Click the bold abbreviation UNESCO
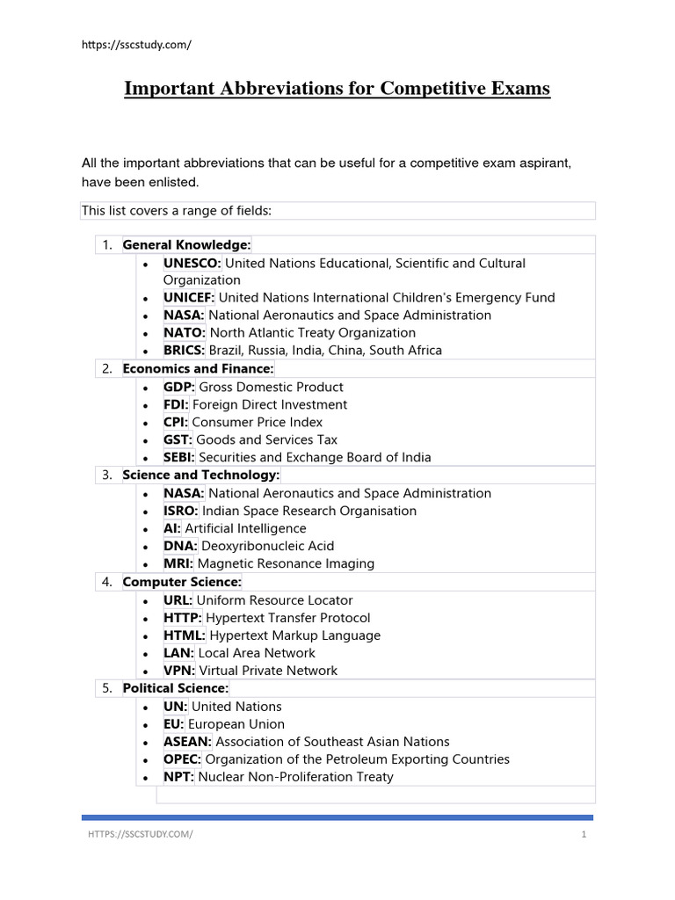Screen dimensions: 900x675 192,263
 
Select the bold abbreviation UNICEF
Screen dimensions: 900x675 188,298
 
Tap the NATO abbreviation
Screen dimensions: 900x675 184,333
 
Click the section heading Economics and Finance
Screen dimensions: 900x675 198,368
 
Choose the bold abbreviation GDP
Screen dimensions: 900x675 179,388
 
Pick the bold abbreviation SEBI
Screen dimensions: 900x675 180,458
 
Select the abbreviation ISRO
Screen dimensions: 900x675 181,512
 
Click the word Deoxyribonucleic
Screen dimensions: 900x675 254,547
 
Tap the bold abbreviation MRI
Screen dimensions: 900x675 179,564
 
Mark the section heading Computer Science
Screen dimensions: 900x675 181,582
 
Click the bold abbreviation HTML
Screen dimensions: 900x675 185,635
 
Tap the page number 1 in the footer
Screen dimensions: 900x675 584,835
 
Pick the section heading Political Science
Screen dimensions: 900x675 175,688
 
